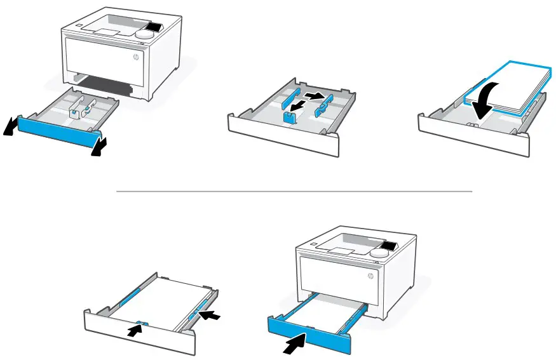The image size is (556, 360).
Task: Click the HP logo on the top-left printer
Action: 135,58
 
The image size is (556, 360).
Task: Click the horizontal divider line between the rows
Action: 294,190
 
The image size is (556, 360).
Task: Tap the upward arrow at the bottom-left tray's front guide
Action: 134,330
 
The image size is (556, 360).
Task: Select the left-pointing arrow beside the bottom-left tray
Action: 215,313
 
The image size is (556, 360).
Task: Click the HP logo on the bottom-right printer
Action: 370,277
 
